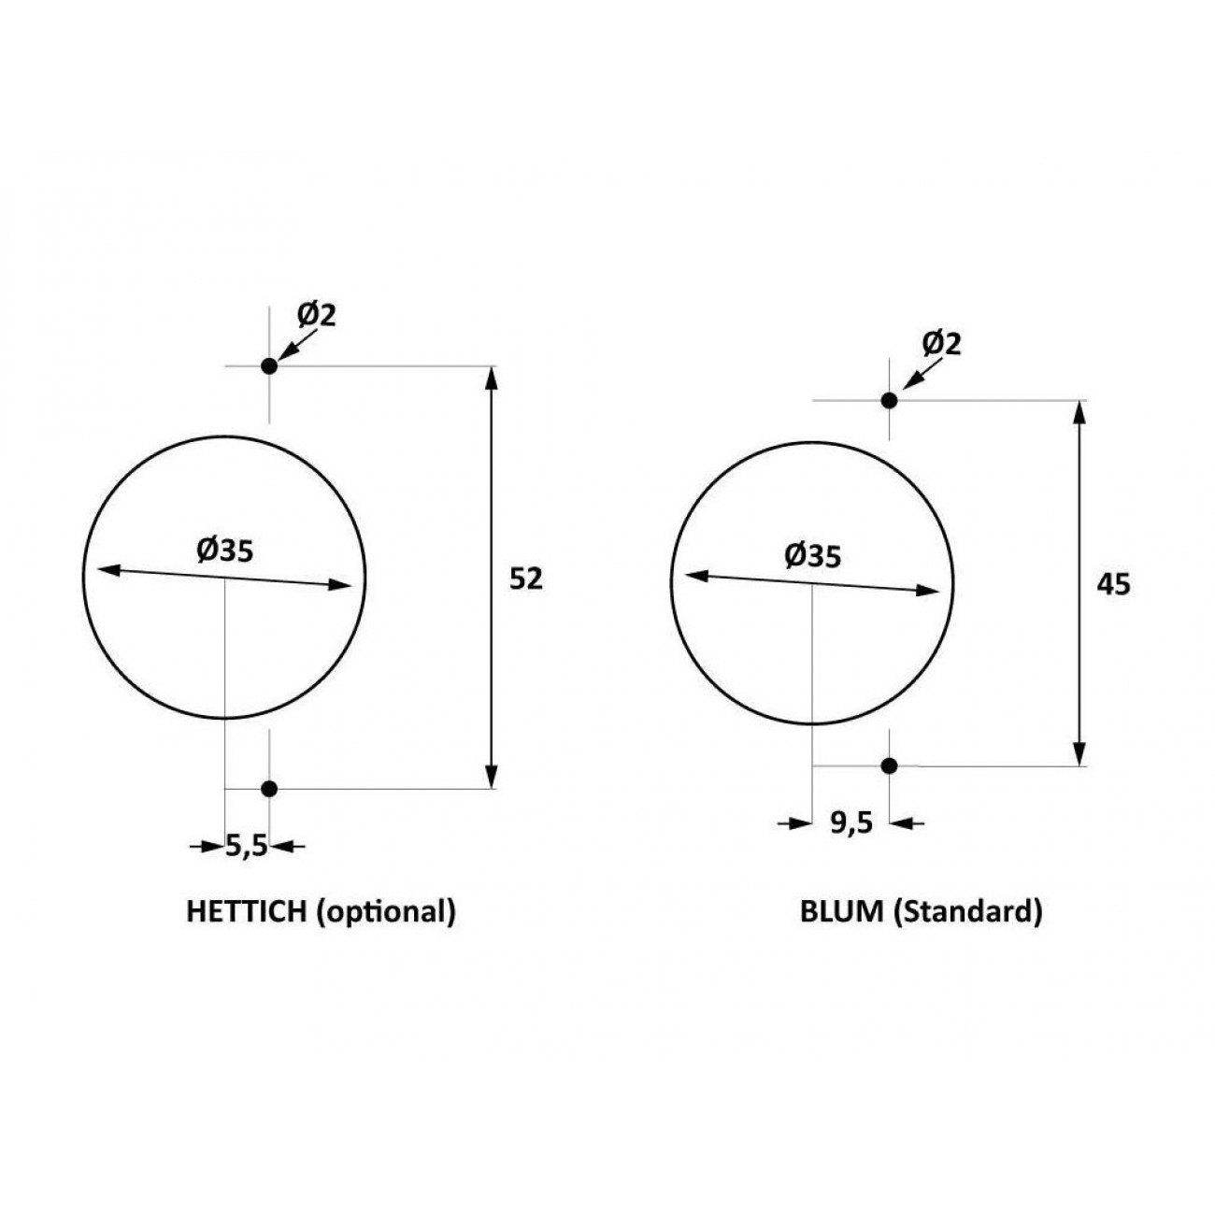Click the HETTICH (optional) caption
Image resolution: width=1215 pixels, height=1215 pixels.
click(321, 912)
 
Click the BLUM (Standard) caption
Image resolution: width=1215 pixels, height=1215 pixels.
click(921, 912)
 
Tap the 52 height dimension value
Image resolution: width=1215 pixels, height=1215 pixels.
click(526, 579)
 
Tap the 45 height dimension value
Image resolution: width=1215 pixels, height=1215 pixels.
click(1114, 585)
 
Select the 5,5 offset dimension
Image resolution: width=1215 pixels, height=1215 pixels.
click(247, 847)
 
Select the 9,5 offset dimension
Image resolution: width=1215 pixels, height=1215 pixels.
click(851, 822)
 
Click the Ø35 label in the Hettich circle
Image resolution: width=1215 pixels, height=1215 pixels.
click(225, 550)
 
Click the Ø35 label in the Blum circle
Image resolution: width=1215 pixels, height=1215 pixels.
click(813, 556)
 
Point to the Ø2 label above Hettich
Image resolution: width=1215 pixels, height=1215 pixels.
click(317, 315)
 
